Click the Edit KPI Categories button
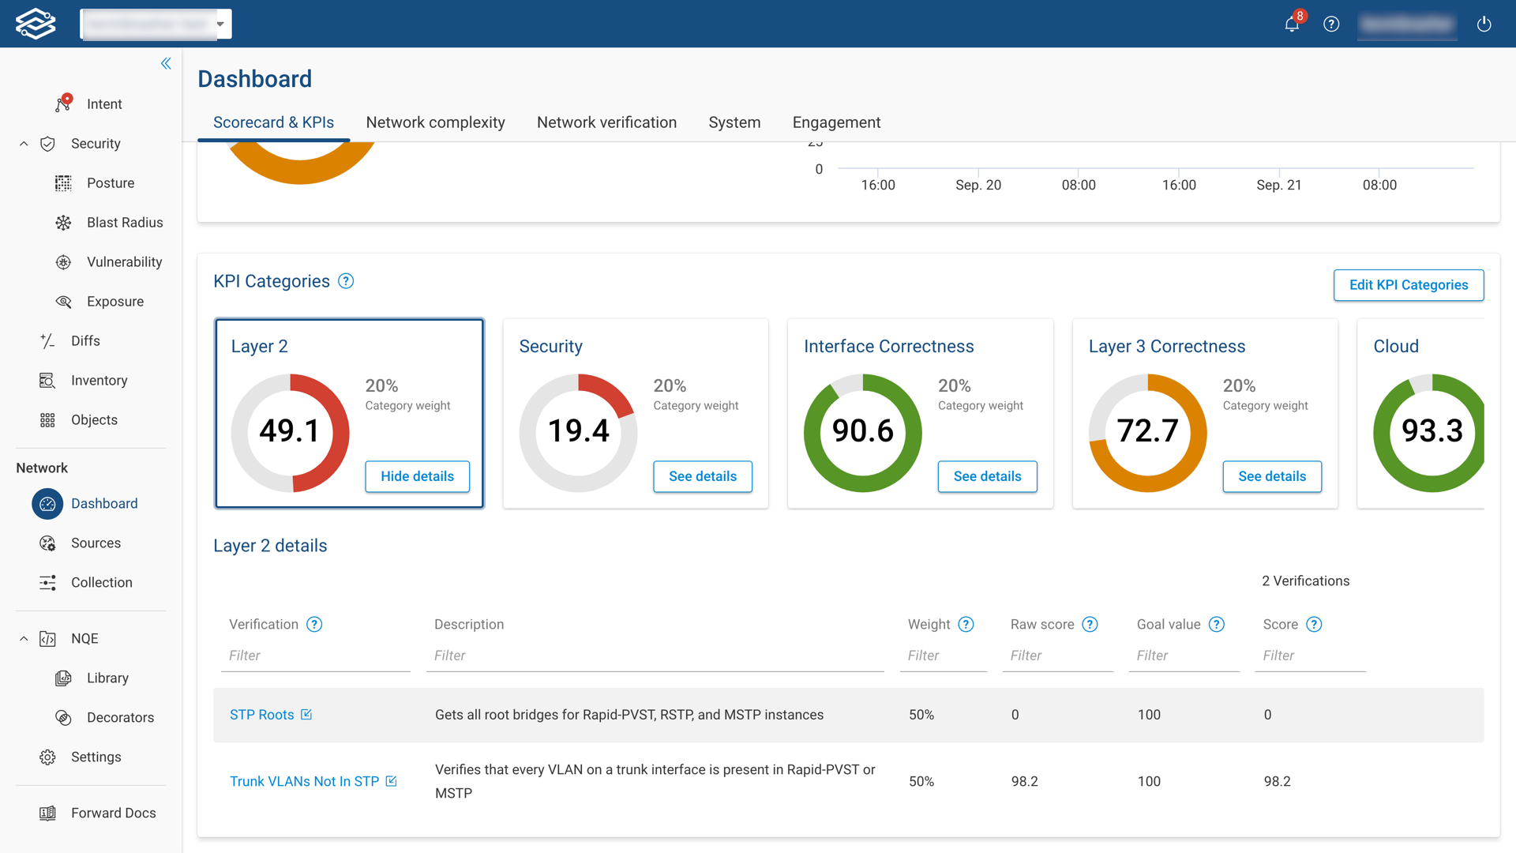(x=1408, y=285)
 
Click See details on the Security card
(x=702, y=476)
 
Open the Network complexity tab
(x=435, y=122)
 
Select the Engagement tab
(x=836, y=122)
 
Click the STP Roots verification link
(x=261, y=715)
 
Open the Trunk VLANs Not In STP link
(x=304, y=781)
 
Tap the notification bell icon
(x=1292, y=24)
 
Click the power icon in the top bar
(x=1484, y=24)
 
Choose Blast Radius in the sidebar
(x=124, y=223)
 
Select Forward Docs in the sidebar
(x=113, y=813)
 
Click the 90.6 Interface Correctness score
(x=862, y=431)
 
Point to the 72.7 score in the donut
(x=1147, y=431)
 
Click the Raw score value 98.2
(x=1024, y=781)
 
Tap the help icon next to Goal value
(x=1217, y=625)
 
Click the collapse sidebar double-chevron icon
(x=166, y=63)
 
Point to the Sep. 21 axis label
(x=1278, y=185)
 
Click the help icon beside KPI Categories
(x=346, y=281)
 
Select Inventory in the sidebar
(x=99, y=381)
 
